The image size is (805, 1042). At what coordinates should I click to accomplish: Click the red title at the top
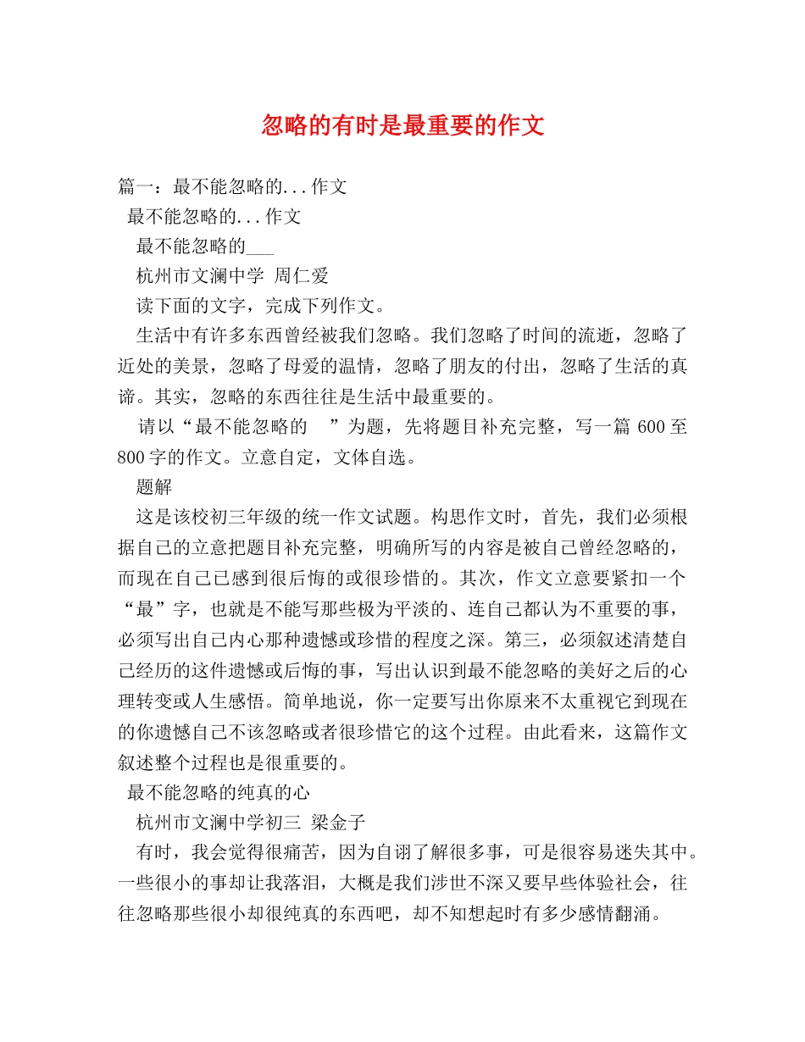point(402,126)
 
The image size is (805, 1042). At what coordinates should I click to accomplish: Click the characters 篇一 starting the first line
point(136,186)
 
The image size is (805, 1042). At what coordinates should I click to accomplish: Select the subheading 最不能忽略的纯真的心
point(219,792)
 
